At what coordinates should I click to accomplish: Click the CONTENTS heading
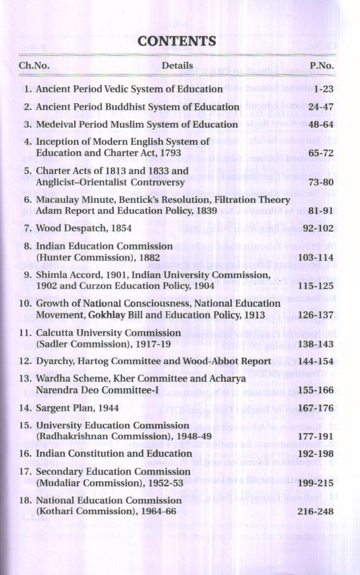177,42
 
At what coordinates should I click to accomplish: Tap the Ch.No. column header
34,66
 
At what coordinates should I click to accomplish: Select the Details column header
177,66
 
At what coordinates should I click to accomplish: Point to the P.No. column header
321,66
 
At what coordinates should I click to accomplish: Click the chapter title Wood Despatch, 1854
84,228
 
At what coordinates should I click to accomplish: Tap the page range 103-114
316,257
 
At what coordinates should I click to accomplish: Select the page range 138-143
316,344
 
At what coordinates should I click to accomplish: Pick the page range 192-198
316,454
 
